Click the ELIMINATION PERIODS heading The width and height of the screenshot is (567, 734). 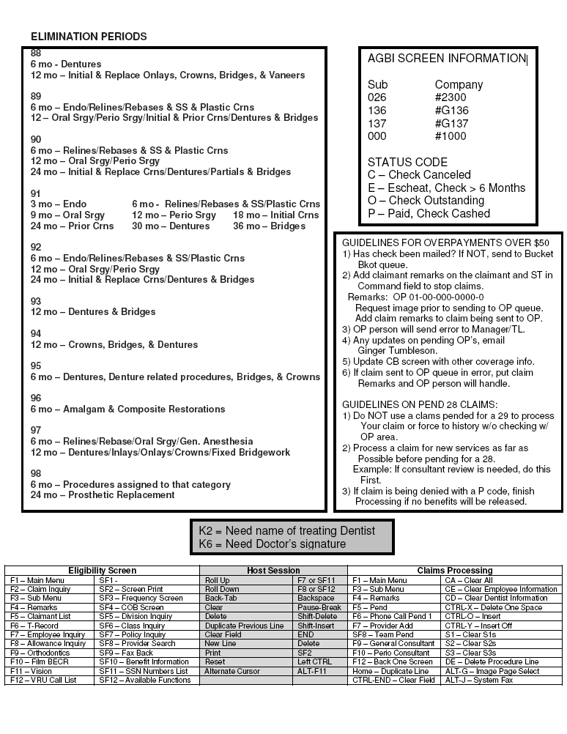click(x=89, y=37)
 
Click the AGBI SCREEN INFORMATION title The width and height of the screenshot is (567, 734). click(x=446, y=59)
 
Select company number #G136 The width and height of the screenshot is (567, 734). click(x=451, y=111)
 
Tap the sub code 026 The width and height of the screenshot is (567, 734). click(x=377, y=97)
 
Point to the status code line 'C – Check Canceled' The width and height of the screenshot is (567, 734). click(x=419, y=175)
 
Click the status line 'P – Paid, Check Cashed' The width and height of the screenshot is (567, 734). click(x=429, y=214)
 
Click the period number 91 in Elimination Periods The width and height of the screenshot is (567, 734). click(x=36, y=193)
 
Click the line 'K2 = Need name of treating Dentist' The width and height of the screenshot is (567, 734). click(x=286, y=530)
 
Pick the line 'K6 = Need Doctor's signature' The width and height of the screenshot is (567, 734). click(x=272, y=544)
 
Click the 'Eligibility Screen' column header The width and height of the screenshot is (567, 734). click(x=102, y=570)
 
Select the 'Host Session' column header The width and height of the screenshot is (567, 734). click(x=273, y=570)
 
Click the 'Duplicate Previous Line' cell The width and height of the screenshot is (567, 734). click(x=244, y=626)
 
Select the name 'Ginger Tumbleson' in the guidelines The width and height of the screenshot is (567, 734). click(x=401, y=351)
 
